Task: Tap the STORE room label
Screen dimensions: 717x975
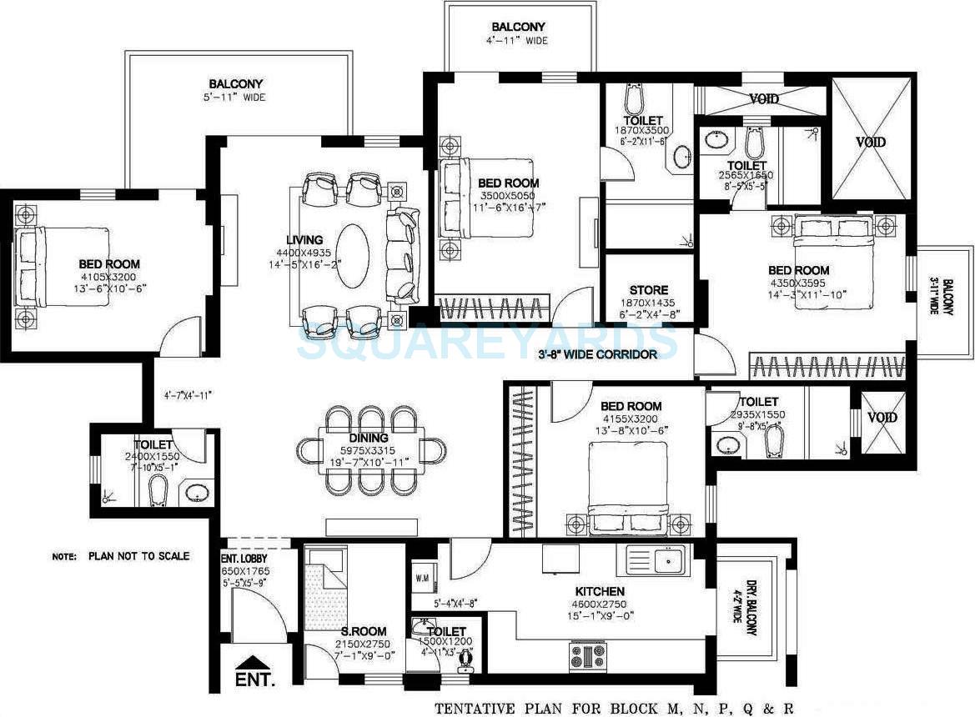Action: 649,291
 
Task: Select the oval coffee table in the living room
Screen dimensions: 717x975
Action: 355,253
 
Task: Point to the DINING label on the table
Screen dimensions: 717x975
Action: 369,438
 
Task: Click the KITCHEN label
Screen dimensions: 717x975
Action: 595,591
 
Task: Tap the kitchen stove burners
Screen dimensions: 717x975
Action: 588,656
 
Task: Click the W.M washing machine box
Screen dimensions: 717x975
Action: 423,577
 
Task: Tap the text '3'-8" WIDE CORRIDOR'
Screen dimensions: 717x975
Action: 597,354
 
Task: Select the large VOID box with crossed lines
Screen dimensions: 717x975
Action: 870,141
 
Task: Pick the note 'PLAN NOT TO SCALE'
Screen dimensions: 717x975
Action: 121,556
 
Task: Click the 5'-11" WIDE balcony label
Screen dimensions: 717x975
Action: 236,98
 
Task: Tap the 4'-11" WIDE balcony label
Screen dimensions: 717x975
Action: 519,40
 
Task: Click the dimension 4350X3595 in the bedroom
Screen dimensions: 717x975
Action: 799,283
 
